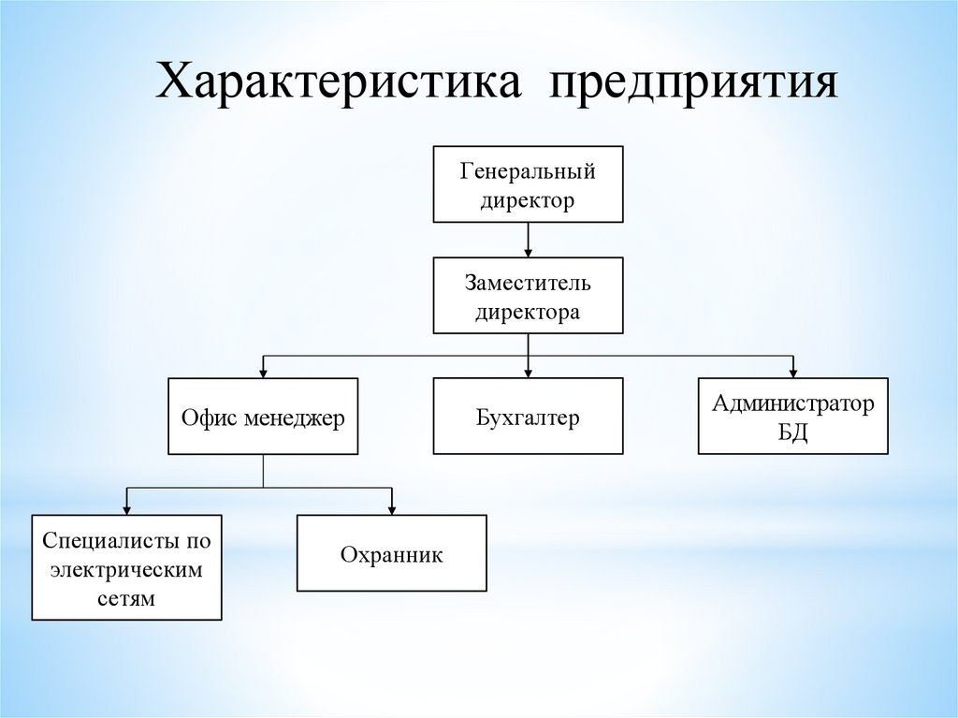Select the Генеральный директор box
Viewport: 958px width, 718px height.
tap(528, 184)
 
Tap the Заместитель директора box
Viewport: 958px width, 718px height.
tap(528, 295)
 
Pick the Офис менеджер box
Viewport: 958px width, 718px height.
tap(263, 417)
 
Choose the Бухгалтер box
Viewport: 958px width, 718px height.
tap(528, 417)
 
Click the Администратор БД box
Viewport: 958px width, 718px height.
tap(793, 417)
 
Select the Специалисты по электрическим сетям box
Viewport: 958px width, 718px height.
tap(126, 567)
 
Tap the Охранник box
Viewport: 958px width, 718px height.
tap(391, 553)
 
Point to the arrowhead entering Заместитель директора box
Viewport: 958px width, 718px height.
tap(529, 252)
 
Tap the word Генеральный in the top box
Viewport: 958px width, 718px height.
tap(528, 172)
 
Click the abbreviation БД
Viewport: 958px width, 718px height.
tap(793, 432)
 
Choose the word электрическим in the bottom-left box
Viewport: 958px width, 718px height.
tap(126, 568)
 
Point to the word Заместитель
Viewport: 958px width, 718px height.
tap(528, 283)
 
